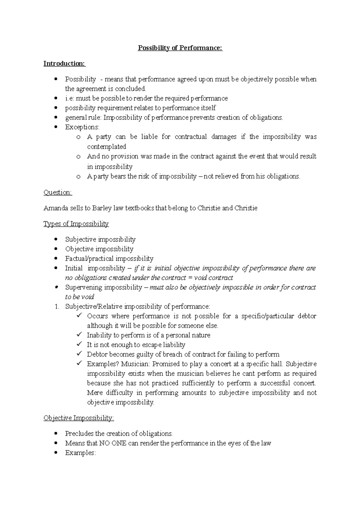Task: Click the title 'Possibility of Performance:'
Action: [180, 48]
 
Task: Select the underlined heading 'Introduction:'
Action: [64, 64]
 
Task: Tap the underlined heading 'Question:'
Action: [58, 192]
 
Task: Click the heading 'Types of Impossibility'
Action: [76, 224]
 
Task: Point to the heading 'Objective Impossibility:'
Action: [79, 418]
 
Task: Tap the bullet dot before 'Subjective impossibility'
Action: [56, 240]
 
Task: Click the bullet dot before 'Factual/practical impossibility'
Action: [56, 259]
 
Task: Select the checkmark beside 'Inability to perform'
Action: [79, 335]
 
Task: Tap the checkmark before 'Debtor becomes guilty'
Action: [79, 354]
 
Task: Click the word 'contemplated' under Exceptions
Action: [106, 147]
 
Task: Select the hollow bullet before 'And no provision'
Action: [79, 157]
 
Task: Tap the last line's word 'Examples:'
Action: [80, 453]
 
